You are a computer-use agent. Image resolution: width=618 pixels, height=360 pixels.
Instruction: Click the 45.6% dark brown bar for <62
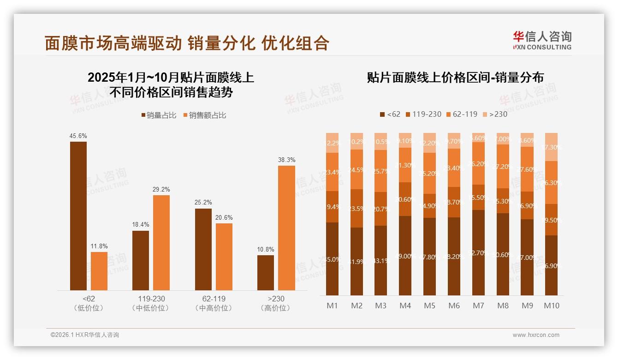(x=78, y=216)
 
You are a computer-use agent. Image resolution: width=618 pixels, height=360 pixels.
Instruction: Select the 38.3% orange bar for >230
(x=286, y=228)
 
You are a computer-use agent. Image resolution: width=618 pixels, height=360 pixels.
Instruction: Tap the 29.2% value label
(x=161, y=189)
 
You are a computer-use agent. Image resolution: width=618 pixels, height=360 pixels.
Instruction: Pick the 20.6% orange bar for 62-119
(x=224, y=257)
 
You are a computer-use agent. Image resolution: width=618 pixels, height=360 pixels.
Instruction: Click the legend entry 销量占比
(x=159, y=115)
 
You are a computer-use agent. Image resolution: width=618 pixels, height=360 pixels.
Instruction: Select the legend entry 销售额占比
(x=204, y=115)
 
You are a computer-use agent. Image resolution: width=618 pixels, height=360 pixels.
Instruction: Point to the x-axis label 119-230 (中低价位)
(x=150, y=303)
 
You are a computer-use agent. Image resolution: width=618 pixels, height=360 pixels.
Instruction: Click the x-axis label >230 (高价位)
(x=275, y=303)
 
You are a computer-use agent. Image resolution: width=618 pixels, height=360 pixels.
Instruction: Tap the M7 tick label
(x=478, y=306)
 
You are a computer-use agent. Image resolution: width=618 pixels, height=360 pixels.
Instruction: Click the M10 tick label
(x=552, y=306)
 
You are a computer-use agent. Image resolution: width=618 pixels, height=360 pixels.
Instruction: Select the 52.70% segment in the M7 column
(x=478, y=252)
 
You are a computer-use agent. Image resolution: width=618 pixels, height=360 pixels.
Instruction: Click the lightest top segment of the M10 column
(x=552, y=147)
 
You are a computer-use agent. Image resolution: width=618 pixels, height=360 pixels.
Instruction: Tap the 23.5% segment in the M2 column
(x=357, y=208)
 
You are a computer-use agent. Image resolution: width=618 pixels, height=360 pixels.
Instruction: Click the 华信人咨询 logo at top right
(x=542, y=40)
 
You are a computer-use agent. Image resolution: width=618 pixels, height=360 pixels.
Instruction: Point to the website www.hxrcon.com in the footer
(x=536, y=335)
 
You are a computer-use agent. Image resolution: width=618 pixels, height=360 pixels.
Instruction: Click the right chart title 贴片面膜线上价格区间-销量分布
(x=455, y=77)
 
